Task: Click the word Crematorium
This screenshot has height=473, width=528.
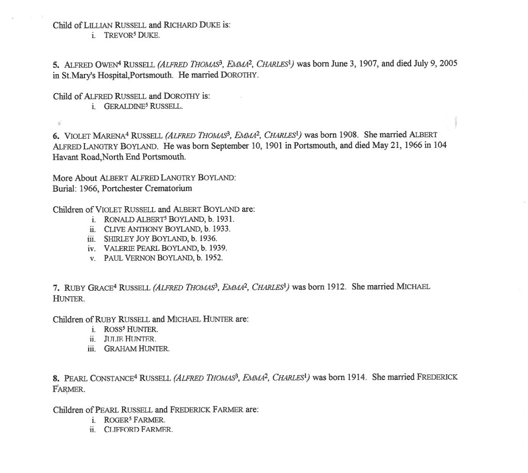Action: [x=168, y=188]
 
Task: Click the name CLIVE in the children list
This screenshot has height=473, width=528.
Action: [x=113, y=229]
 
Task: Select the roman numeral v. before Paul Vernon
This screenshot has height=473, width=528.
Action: [x=92, y=258]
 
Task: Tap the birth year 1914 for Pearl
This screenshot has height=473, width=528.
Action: [x=354, y=377]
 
